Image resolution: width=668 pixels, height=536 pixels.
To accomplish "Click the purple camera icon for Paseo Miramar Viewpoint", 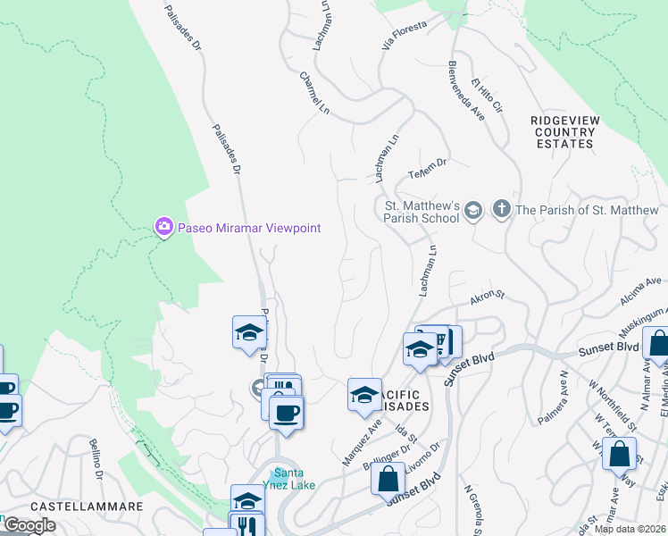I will click(163, 227).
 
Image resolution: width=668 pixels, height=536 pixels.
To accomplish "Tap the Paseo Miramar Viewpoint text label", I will click(248, 228).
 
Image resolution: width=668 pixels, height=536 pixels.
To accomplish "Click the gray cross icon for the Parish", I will click(501, 210).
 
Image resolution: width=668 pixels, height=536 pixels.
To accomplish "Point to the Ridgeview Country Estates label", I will click(564, 131).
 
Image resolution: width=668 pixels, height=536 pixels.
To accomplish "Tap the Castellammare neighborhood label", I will click(87, 506).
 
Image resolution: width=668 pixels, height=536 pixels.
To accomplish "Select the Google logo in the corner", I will click(29, 525).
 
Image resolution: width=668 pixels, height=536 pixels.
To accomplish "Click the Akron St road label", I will click(488, 297).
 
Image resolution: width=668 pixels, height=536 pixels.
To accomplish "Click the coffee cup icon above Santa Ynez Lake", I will click(286, 413).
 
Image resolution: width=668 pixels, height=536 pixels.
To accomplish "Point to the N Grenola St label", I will click(474, 506).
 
